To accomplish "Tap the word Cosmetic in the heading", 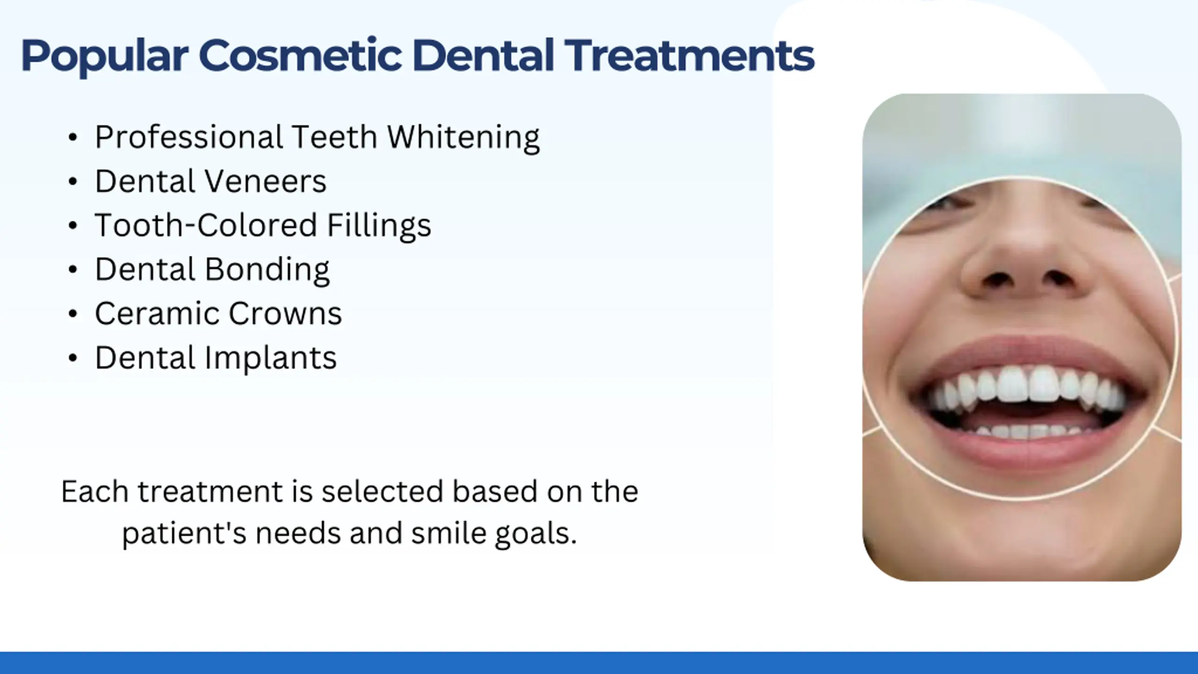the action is pyautogui.click(x=300, y=55).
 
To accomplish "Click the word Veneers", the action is pyautogui.click(x=265, y=181).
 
